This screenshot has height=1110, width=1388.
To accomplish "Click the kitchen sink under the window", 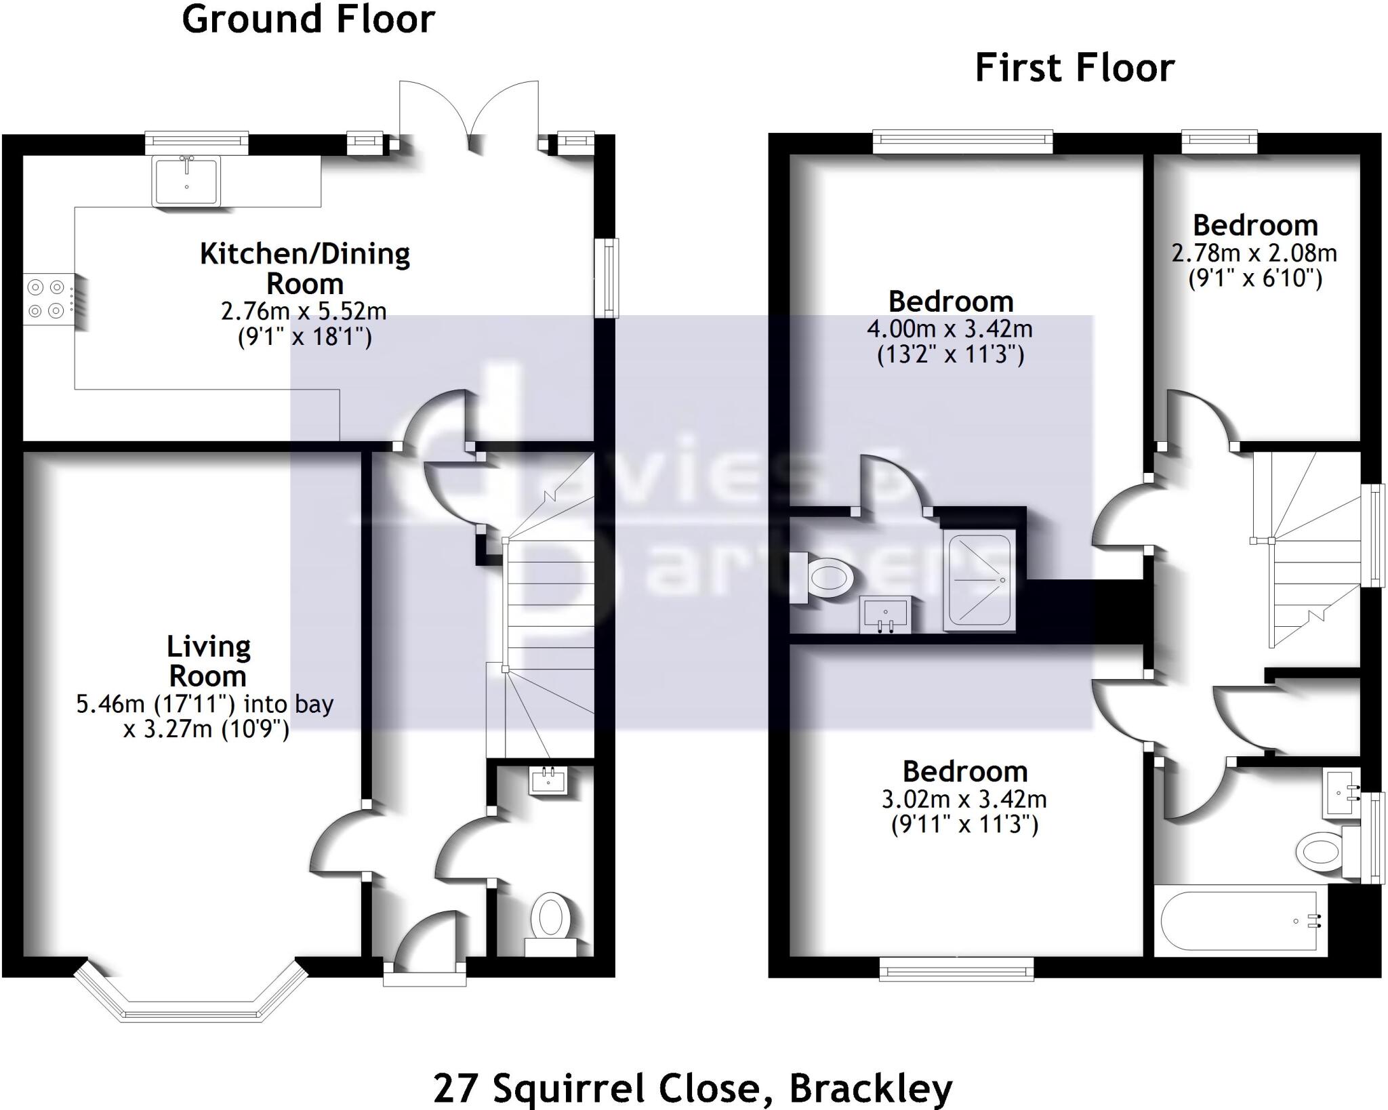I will [186, 180].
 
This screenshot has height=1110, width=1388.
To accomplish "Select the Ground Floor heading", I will [308, 19].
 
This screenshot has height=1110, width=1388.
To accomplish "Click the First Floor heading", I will [1074, 68].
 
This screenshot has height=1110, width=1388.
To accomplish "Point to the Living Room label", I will [208, 661].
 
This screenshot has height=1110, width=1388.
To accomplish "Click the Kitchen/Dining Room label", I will [305, 268].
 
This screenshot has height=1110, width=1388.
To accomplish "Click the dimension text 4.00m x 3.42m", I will [950, 329].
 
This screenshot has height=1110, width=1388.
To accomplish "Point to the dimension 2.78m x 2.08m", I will [1254, 253].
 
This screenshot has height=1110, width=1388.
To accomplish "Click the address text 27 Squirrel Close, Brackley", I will [693, 1088].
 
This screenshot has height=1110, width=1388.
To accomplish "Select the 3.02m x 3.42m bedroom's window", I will [956, 968].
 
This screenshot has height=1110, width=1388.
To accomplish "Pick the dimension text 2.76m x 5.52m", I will [304, 311].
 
